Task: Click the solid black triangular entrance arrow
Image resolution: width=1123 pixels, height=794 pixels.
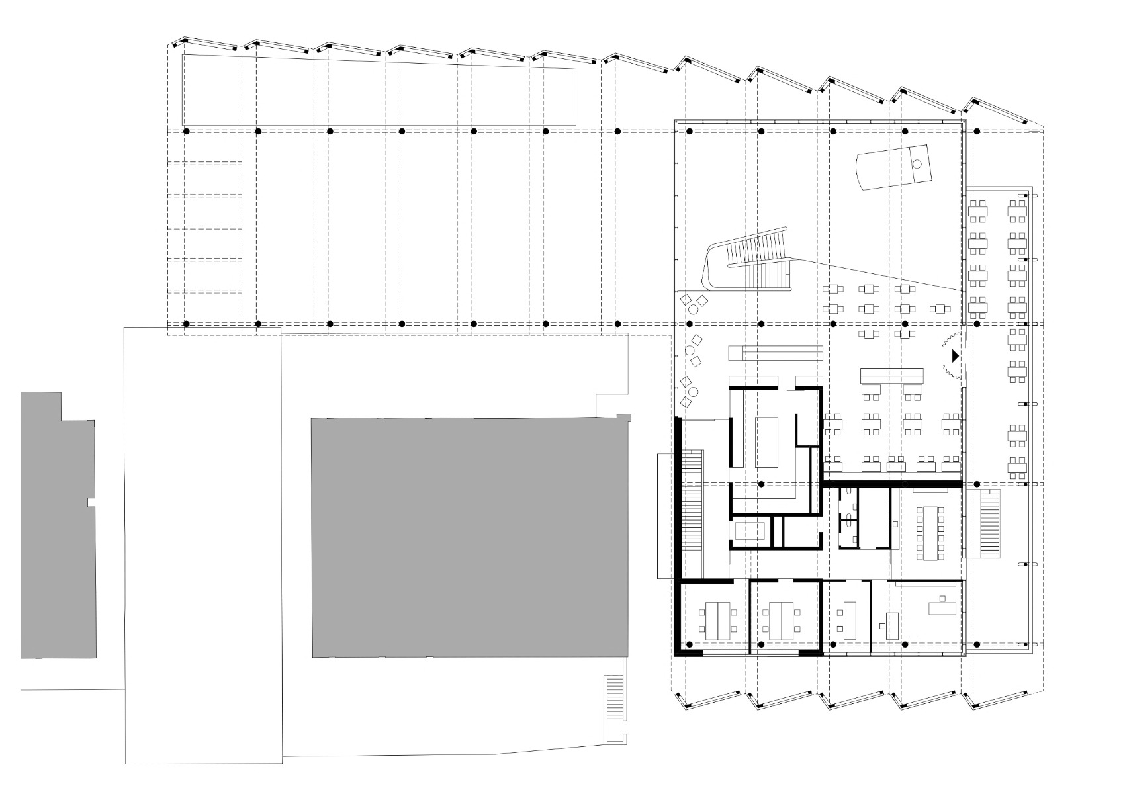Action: click(x=955, y=356)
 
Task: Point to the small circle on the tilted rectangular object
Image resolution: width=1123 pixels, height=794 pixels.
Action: click(x=917, y=164)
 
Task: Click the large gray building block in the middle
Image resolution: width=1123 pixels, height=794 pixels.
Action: click(x=469, y=536)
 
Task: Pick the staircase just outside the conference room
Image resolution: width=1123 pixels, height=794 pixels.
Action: click(x=989, y=523)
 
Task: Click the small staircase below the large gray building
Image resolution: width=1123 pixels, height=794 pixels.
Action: click(x=614, y=699)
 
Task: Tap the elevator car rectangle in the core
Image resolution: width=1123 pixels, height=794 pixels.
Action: click(x=750, y=532)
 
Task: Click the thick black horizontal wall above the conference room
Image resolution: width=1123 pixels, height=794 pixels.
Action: click(x=891, y=484)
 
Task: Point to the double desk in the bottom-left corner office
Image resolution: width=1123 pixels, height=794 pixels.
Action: click(x=716, y=620)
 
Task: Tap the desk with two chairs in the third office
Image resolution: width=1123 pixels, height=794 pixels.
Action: click(x=849, y=619)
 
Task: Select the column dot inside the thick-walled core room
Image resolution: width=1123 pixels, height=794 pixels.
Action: click(x=762, y=484)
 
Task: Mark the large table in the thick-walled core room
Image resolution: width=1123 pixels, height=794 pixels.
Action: click(x=768, y=441)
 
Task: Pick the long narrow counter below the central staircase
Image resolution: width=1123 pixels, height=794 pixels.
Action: click(x=775, y=351)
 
